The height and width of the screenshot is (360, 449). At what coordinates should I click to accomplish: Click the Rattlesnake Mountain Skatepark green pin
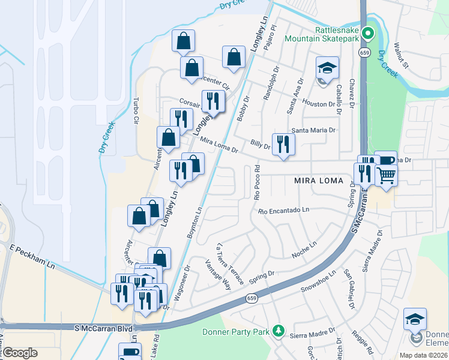point(370,34)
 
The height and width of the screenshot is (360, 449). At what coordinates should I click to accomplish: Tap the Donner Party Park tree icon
point(278,330)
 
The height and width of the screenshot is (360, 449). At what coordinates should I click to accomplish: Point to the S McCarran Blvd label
point(103,328)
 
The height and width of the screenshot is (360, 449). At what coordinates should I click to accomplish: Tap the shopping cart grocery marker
point(386,176)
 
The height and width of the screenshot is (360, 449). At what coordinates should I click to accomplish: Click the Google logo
point(20,353)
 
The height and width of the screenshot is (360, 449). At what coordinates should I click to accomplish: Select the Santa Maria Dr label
point(313,130)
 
